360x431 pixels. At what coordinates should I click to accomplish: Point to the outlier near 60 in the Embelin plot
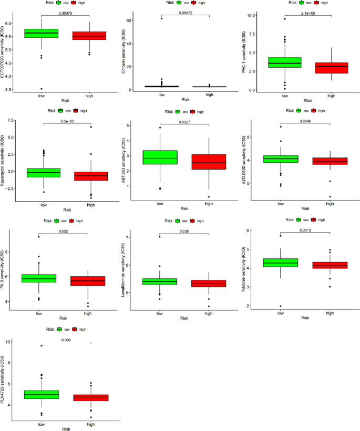tap(162, 18)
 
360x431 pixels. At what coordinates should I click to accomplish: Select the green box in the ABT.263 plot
tap(160, 157)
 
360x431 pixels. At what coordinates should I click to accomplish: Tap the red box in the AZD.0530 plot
tap(330, 161)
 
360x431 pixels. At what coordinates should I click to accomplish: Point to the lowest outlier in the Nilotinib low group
tap(281, 306)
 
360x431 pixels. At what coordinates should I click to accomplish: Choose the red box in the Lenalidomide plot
tap(209, 283)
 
